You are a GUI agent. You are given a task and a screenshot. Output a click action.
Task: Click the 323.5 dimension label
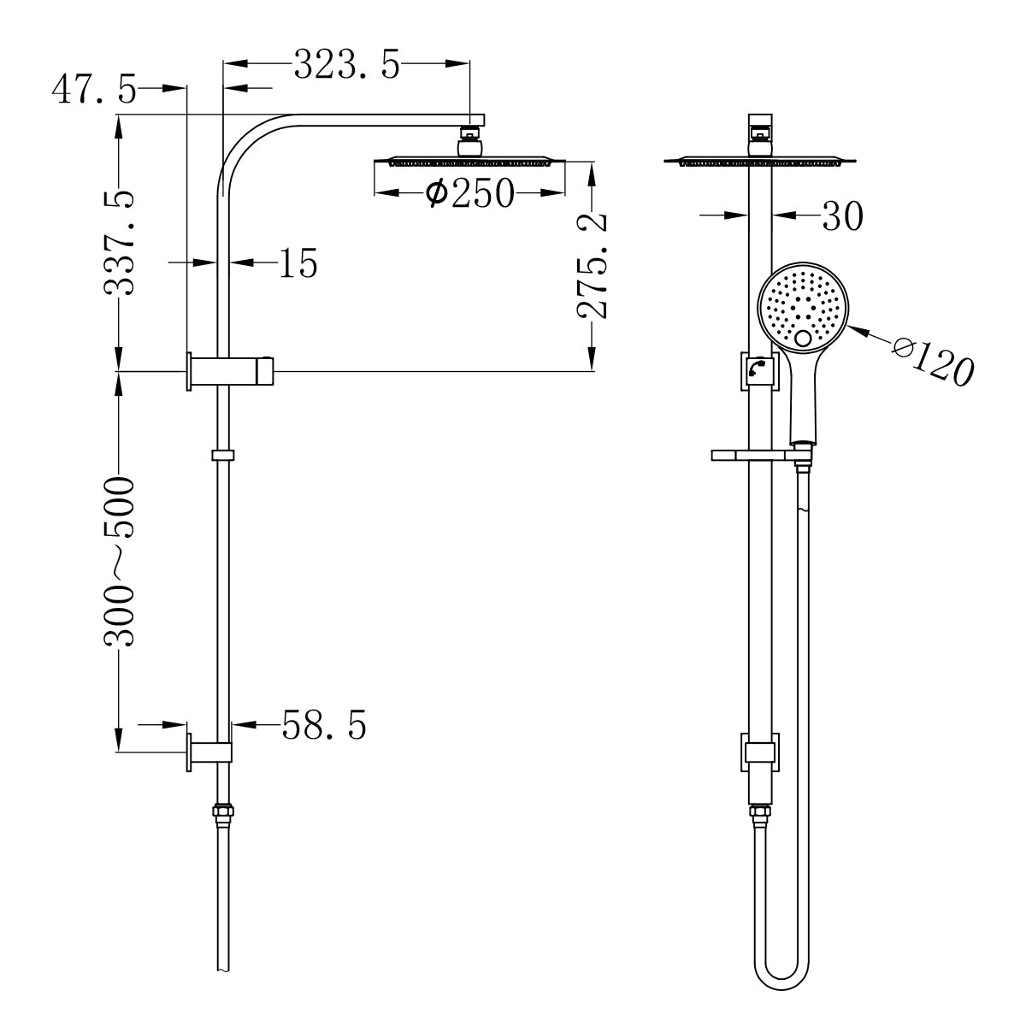(x=346, y=65)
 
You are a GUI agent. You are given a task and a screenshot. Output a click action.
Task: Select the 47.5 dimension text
(x=94, y=89)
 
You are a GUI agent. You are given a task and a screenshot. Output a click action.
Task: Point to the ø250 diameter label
(x=469, y=194)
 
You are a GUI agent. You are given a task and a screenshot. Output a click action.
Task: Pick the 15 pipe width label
(x=298, y=264)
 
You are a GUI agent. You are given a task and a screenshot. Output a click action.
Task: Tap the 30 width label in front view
(x=842, y=217)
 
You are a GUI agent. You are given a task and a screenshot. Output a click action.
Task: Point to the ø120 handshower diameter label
(x=932, y=358)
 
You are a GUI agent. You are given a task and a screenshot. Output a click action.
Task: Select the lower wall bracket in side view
(x=209, y=752)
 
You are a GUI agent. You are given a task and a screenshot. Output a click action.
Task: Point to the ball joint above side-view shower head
(x=469, y=141)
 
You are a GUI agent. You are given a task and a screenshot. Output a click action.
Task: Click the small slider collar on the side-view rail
(x=222, y=454)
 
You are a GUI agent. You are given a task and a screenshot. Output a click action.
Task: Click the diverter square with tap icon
(x=758, y=370)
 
